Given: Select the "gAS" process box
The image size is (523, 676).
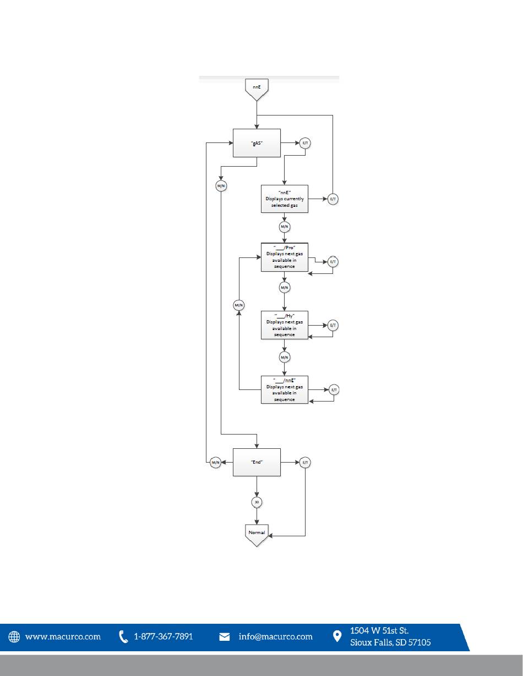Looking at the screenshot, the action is point(257,143).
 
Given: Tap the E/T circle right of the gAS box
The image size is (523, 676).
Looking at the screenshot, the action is point(305,143).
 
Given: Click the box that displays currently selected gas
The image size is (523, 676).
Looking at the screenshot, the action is point(285,199).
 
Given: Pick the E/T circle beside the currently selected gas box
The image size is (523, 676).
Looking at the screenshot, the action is point(333,199).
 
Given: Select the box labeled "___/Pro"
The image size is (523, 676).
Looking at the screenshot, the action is point(285,257).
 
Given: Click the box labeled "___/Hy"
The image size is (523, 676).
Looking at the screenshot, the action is point(285,325).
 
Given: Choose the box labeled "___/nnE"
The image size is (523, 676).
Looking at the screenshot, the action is point(285,390).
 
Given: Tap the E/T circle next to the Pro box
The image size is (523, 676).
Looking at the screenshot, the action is point(333,262).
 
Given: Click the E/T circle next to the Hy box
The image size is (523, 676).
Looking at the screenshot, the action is point(333,326).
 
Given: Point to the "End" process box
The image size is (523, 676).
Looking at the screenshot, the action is point(257,462).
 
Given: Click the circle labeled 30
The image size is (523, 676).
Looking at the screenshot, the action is point(257,502).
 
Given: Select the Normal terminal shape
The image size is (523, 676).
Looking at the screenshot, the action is point(257,535).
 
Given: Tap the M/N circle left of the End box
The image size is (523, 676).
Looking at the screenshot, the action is point(215,463).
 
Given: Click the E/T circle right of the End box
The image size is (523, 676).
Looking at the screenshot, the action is point(305,463).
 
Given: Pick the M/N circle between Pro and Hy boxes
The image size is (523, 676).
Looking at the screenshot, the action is point(285,288).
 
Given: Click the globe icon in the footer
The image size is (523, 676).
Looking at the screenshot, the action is point(14,637).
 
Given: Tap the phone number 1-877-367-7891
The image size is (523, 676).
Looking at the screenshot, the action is point(164,636).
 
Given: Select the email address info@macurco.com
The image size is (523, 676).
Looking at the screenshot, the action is point(275,636).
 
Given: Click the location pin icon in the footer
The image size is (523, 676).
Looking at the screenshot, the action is point(337,636).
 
